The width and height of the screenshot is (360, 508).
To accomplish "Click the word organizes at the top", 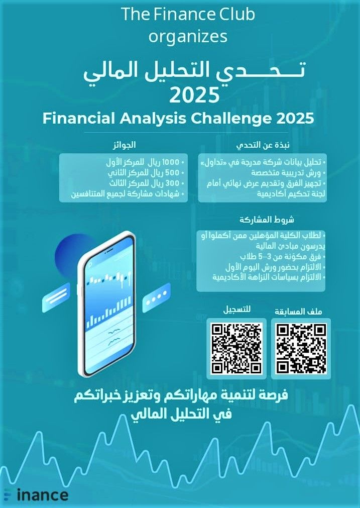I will (x=188, y=36).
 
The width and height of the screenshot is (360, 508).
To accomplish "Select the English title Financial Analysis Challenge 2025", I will (x=178, y=119).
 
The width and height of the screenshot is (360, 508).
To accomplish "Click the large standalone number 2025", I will (x=195, y=94).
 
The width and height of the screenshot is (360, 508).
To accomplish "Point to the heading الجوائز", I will (x=124, y=146).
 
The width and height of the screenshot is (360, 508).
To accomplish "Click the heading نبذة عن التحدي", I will (x=262, y=146).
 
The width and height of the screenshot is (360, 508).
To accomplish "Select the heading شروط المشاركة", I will (x=267, y=220).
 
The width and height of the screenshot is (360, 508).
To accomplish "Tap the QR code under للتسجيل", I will (x=236, y=348).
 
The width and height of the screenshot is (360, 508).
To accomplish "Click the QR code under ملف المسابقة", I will (x=301, y=348).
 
